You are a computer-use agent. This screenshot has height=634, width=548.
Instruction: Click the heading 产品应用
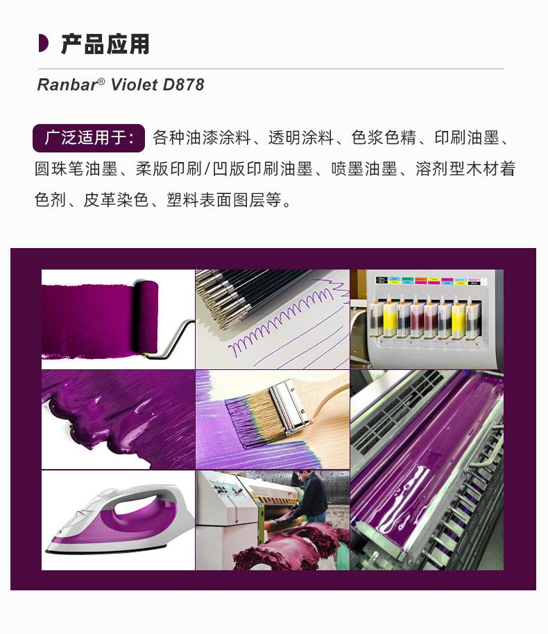[x=105, y=44]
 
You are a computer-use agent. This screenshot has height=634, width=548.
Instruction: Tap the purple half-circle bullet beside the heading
[x=43, y=44]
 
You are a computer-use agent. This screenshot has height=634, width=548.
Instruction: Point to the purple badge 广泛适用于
[x=89, y=139]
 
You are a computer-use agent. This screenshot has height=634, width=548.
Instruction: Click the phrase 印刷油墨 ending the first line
[x=467, y=138]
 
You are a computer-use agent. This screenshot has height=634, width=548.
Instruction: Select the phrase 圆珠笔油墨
[x=76, y=168]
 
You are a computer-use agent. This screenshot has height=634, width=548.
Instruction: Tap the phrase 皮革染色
[x=116, y=200]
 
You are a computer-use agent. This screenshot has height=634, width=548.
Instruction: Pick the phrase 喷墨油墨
[x=364, y=168]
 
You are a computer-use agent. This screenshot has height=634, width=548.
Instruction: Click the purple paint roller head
[x=145, y=317]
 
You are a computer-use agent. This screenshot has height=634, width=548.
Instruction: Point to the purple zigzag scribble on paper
[x=283, y=319]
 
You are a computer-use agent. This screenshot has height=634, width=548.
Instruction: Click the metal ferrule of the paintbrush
[x=288, y=406]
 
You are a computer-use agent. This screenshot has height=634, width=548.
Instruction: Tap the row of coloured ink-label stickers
[x=431, y=281]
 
